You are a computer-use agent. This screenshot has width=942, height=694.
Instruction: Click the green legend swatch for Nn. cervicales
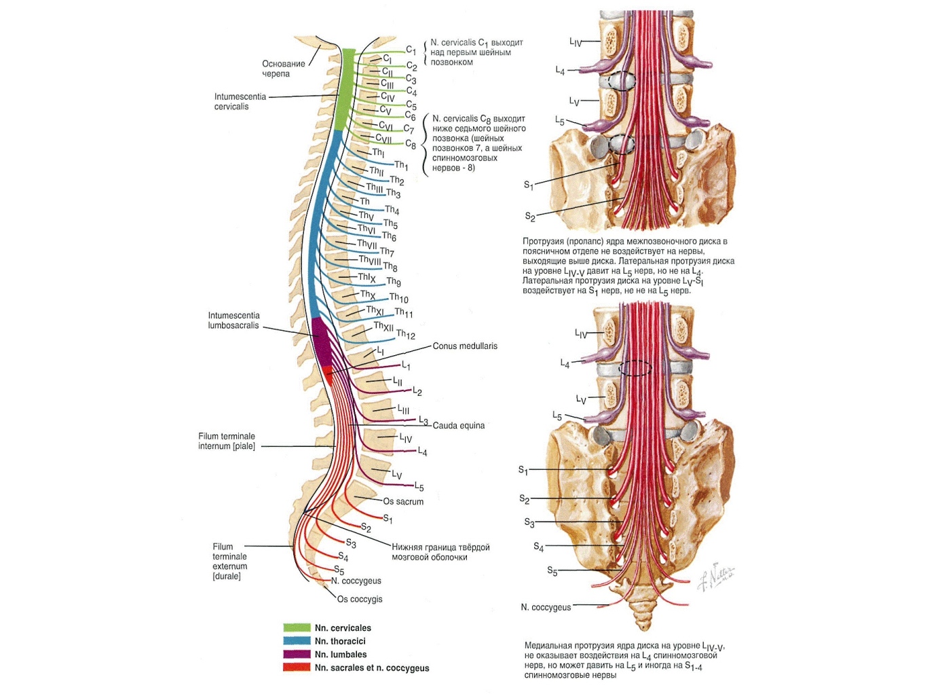click(x=297, y=628)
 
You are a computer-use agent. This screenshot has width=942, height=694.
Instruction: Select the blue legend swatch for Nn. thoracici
click(x=297, y=641)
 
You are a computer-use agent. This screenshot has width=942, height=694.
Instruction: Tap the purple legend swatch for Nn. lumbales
click(x=297, y=655)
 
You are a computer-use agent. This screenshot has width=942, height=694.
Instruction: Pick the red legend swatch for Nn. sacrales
click(x=297, y=668)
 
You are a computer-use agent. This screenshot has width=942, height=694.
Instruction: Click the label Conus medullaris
click(x=465, y=346)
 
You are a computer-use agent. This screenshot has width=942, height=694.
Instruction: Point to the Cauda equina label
click(x=459, y=426)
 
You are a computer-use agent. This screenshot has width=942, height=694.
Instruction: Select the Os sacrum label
click(x=403, y=502)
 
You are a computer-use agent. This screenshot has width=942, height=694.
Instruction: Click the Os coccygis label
click(x=360, y=600)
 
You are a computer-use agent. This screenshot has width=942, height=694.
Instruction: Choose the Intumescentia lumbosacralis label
click(x=233, y=321)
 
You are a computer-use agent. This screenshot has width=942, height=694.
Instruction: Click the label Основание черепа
click(x=284, y=69)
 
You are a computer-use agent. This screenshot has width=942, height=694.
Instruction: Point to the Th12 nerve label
click(x=406, y=334)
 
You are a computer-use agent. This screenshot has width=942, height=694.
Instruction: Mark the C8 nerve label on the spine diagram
click(x=411, y=144)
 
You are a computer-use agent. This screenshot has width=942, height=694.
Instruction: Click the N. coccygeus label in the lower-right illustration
click(x=546, y=607)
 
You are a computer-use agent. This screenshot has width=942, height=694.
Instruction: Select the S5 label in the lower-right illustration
click(x=552, y=572)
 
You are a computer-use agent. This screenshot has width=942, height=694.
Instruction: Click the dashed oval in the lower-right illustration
click(x=636, y=368)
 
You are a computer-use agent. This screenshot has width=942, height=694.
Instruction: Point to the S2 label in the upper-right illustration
click(x=530, y=217)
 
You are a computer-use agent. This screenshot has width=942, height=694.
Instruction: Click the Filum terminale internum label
click(x=227, y=441)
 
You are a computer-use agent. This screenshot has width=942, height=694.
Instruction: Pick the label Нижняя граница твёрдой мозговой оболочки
click(x=440, y=552)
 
